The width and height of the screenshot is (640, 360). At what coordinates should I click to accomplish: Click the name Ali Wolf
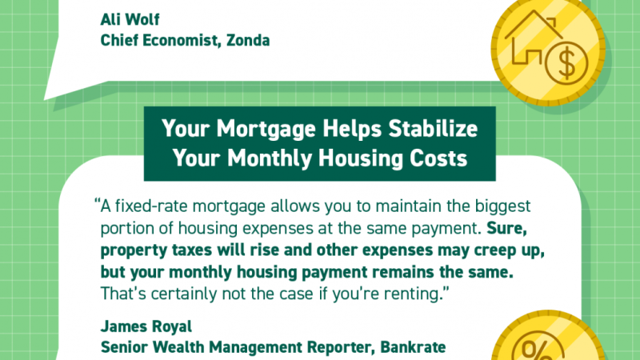[x=130, y=19]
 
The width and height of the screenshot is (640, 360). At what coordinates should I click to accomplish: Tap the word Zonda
[x=248, y=41]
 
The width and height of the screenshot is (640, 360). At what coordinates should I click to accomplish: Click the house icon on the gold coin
[x=531, y=38]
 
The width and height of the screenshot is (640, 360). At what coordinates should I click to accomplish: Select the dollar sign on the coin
[x=566, y=64]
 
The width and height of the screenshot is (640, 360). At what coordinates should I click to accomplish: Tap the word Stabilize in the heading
[x=433, y=128]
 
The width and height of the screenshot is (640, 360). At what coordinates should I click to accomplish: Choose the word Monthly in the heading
[x=270, y=158]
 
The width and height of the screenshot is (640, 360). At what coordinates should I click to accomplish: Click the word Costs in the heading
[x=438, y=158]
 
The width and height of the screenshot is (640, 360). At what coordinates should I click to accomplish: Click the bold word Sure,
[x=506, y=229]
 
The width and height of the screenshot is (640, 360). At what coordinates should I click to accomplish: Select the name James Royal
[x=146, y=326]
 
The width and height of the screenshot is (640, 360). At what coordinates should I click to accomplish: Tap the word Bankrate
[x=413, y=347]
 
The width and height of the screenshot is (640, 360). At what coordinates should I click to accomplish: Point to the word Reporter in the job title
[x=341, y=347]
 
